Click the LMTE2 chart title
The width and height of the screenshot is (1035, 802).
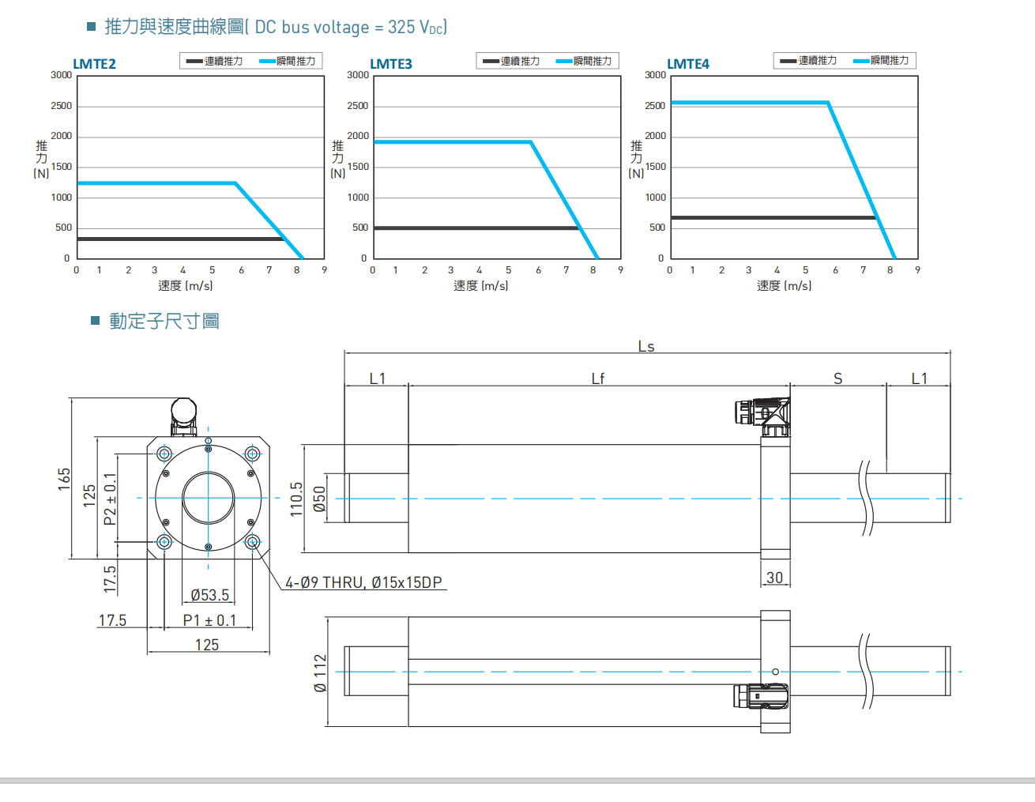click(x=94, y=64)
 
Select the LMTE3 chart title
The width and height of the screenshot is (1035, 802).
click(x=391, y=64)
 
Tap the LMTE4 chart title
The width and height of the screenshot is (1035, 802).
click(x=688, y=64)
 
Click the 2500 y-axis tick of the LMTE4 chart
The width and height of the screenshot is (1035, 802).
click(x=655, y=106)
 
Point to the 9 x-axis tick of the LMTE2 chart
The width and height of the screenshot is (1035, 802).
click(x=324, y=270)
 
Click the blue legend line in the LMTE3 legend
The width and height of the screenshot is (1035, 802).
click(x=564, y=61)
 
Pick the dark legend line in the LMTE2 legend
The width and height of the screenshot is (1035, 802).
click(x=194, y=61)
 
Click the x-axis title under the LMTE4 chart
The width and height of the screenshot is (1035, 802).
click(x=784, y=285)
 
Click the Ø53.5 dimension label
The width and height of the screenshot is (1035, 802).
click(x=210, y=595)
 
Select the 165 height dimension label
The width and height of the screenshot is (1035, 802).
click(x=64, y=479)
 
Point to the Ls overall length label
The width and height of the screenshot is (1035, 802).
click(x=646, y=346)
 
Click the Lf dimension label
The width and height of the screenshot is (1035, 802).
click(x=598, y=378)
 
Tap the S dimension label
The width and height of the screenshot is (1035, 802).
click(x=838, y=378)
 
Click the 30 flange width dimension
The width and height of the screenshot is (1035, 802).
click(x=775, y=578)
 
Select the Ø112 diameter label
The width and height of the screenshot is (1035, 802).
click(x=320, y=673)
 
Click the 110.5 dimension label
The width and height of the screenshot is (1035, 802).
click(x=296, y=499)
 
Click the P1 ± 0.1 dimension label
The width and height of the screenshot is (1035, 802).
click(x=209, y=620)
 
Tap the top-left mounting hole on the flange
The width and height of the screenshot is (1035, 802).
click(x=164, y=454)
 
